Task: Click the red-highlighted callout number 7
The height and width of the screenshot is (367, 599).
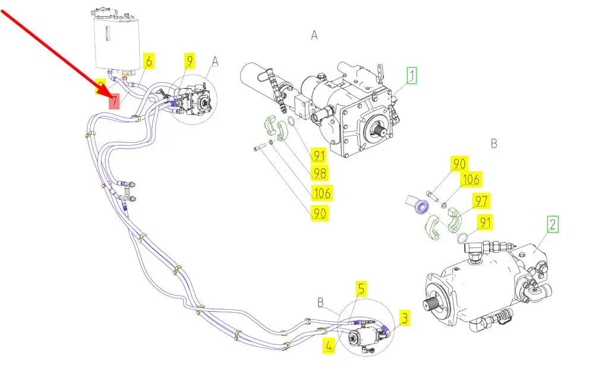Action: pos(114,101)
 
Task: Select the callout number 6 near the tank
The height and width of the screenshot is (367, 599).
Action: pos(149,61)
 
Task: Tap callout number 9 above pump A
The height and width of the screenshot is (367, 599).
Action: pos(190,61)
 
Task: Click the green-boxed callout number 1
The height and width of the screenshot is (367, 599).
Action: pos(411,76)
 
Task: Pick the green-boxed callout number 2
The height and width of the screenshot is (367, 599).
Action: pos(553,224)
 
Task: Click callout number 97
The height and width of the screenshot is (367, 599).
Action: pos(481,200)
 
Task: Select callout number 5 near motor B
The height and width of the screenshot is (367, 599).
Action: pos(361,288)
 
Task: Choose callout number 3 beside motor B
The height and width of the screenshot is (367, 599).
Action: pos(404,318)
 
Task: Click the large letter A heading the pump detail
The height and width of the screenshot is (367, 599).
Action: pos(314,36)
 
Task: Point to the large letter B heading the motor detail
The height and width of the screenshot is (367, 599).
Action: pos(494,144)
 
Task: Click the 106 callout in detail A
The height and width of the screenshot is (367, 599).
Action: pos(321,193)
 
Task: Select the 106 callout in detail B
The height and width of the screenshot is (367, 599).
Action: pos(471,179)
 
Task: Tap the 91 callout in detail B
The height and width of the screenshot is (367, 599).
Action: pos(485,222)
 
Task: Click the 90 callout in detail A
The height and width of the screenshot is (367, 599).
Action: pos(320,214)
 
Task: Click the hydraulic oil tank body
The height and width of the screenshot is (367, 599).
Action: pos(116,44)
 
